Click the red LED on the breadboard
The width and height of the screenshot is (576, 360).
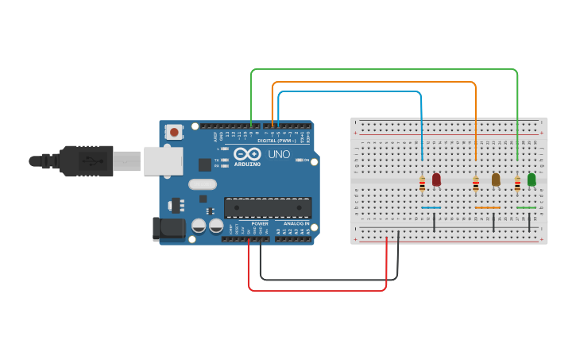click(436, 180)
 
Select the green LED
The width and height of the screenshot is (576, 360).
click(532, 180)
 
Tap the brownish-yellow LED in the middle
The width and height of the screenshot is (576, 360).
click(496, 180)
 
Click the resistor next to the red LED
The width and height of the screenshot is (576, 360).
click(422, 184)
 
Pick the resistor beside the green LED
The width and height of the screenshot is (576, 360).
click(517, 184)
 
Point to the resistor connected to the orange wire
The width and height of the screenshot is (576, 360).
click(476, 184)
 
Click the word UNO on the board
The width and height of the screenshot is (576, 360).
click(279, 154)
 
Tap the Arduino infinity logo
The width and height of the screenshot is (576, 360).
click(247, 153)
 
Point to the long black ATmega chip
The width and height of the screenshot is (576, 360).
click(267, 207)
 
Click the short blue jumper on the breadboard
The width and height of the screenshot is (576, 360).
click(431, 208)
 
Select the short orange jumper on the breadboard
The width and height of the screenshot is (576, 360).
click(487, 208)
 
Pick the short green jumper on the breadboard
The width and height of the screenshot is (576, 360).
click(526, 208)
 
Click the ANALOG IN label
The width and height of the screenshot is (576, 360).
click(296, 224)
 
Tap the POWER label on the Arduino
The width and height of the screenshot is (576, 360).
click(260, 224)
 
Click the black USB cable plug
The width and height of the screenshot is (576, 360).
click(84, 161)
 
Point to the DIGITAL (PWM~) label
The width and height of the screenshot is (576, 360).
click(273, 141)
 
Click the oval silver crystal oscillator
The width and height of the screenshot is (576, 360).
click(203, 184)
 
